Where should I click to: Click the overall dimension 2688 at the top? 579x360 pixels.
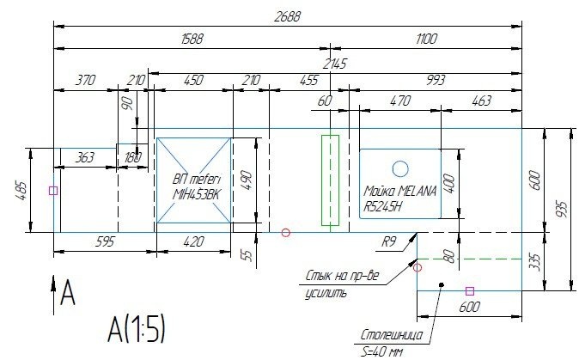287,16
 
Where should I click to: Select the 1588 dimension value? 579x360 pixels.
192,39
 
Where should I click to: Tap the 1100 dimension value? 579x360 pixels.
426,39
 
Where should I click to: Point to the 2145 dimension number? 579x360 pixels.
334,64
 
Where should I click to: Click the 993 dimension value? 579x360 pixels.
436,80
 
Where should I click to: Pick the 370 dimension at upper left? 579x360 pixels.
85,80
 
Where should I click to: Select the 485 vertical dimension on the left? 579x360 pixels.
21,191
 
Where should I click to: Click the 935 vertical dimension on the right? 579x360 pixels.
561,209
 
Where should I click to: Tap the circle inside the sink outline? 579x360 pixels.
400,169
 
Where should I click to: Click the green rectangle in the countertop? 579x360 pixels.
330,180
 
